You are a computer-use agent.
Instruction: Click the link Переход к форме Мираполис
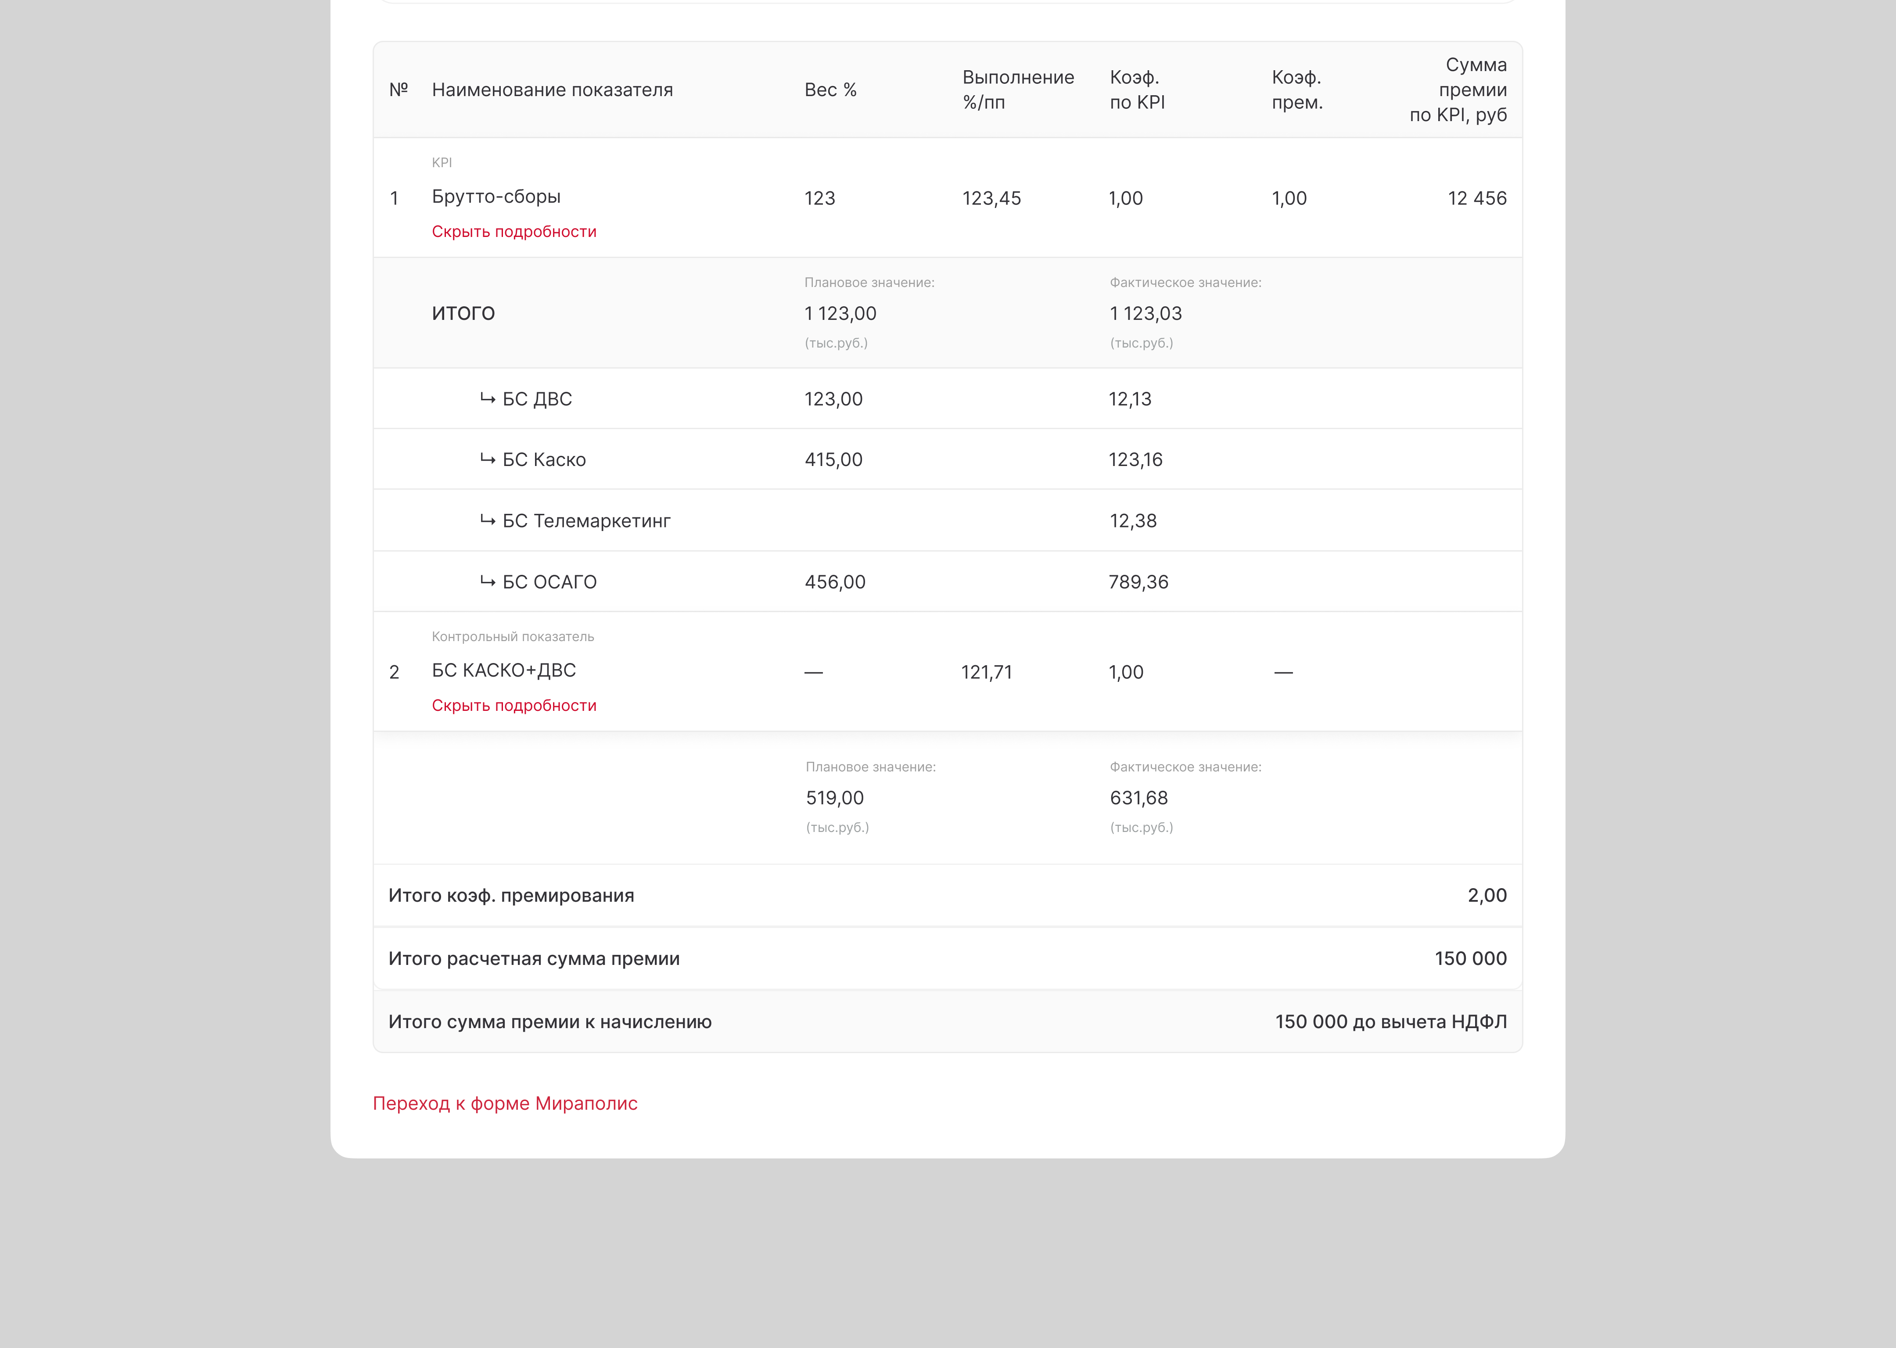pyautogui.click(x=505, y=1103)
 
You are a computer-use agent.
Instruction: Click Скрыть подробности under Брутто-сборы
pyautogui.click(x=514, y=232)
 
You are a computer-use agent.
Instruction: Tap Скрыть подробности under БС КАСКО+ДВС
pyautogui.click(x=514, y=706)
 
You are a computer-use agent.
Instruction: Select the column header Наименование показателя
pyautogui.click(x=552, y=90)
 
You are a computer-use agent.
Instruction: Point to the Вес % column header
pyautogui.click(x=830, y=90)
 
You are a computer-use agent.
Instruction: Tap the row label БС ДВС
pyautogui.click(x=537, y=399)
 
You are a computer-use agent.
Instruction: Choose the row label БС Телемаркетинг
pyautogui.click(x=586, y=521)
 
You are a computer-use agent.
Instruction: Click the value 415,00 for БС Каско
pyautogui.click(x=833, y=460)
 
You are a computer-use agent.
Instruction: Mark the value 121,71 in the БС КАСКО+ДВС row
pyautogui.click(x=986, y=672)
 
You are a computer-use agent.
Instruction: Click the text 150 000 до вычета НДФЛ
pyautogui.click(x=1390, y=1022)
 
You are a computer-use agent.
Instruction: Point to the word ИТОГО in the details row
pyautogui.click(x=463, y=313)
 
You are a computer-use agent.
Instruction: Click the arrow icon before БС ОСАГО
pyautogui.click(x=487, y=582)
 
